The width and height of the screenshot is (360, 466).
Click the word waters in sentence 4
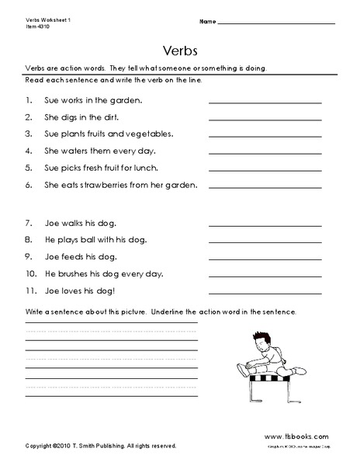[67, 151]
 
